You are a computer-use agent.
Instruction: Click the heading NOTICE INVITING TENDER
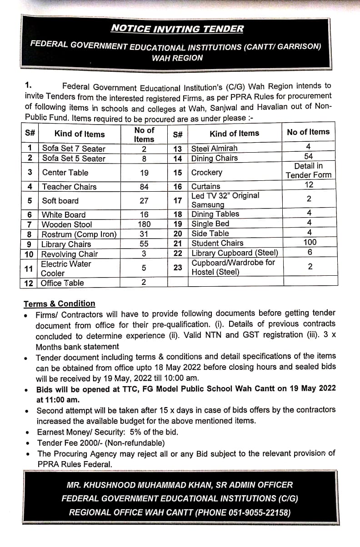click(177, 29)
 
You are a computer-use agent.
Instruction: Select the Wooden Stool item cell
click(67, 224)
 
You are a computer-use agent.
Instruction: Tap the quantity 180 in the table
click(144, 224)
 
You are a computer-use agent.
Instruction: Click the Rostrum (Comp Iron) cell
click(79, 234)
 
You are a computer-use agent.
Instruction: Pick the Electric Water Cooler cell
click(66, 269)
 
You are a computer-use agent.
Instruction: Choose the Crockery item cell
click(207, 172)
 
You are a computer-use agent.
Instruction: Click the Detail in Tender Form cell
click(309, 170)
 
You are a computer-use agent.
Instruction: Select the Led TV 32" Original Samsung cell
click(225, 200)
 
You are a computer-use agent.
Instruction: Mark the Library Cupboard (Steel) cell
click(235, 253)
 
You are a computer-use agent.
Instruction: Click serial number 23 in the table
click(178, 268)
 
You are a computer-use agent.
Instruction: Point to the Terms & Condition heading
click(60, 303)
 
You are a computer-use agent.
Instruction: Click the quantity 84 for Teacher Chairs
click(144, 186)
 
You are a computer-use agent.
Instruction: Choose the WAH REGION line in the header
click(178, 58)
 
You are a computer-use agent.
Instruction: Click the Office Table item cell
click(62, 283)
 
